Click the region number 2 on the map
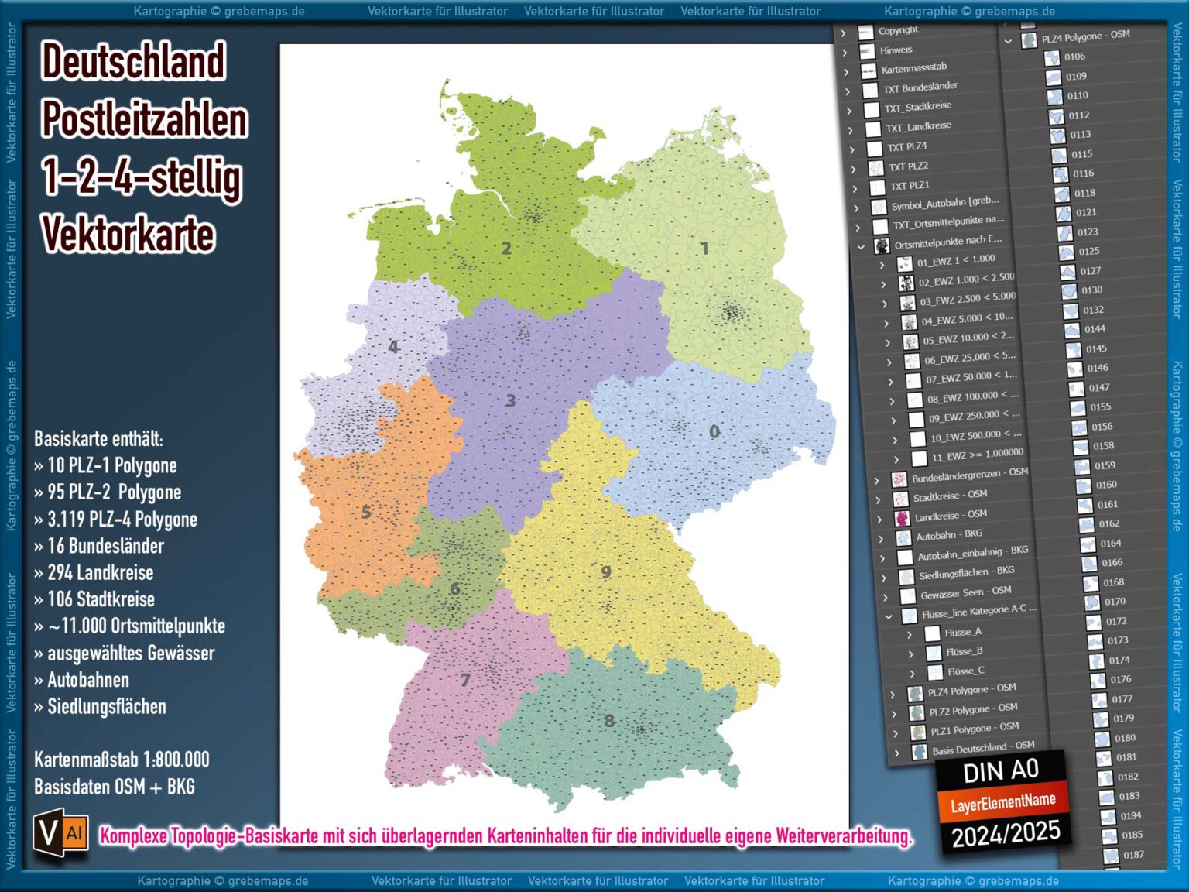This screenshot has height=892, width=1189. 506,249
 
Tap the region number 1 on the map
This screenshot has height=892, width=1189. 704,248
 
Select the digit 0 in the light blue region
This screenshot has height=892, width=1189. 714,431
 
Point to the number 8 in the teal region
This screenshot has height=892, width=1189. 609,721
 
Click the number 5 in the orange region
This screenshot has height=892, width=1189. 366,512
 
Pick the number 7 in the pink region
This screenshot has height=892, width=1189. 465,680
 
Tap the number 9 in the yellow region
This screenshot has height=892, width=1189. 606,571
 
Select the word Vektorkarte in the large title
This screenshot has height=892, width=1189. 128,235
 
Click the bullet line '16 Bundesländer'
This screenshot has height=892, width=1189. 105,546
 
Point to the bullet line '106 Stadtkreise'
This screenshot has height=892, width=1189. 101,599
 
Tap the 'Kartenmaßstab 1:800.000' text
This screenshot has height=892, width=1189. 122,760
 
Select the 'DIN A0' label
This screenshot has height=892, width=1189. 1000,771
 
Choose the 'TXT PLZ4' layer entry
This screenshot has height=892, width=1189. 906,146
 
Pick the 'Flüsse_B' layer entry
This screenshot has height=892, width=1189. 964,651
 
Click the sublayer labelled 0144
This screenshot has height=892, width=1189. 1095,329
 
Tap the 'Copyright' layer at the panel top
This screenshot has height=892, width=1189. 898,30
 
